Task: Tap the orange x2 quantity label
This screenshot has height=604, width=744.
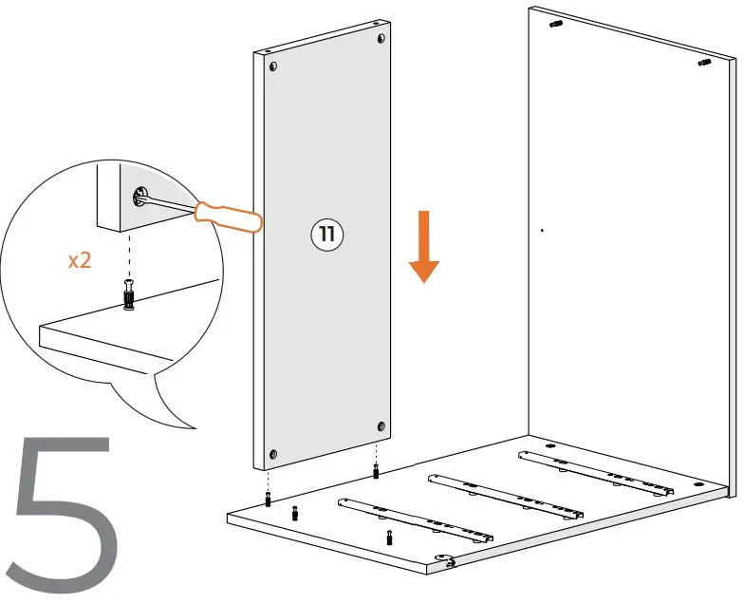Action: tap(80, 260)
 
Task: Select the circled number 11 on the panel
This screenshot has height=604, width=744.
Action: tap(327, 235)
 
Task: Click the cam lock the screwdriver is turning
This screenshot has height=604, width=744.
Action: tap(140, 197)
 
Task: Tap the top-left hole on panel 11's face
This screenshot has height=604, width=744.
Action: tap(273, 67)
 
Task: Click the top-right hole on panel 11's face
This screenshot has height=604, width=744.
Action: tap(381, 39)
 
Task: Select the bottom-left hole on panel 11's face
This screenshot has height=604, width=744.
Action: tap(273, 453)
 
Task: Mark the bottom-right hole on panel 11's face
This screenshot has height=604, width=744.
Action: tap(381, 426)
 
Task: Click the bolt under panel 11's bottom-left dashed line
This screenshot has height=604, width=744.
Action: tap(270, 500)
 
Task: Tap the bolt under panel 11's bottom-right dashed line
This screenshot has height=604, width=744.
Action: tap(378, 471)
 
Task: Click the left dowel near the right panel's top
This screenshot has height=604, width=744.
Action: tap(556, 24)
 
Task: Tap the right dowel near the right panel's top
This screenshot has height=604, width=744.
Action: tap(705, 63)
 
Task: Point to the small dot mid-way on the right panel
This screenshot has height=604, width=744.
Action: tap(541, 230)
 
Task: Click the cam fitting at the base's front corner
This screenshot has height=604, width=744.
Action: tap(444, 561)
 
